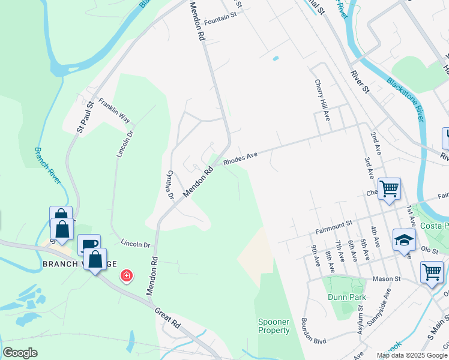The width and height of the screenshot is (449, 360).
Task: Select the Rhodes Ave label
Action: tap(240, 158)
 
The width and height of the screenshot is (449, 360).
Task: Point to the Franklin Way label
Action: tap(114, 110)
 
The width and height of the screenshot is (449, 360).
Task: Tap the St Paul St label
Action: tap(85, 118)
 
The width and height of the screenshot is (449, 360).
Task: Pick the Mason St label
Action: tap(385, 279)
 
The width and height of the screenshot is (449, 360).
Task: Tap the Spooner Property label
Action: tap(274, 326)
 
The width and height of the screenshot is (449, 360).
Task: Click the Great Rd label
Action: tap(167, 319)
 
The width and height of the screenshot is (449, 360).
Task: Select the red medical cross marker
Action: tap(127, 276)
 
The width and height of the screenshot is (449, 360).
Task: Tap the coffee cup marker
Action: tap(89, 244)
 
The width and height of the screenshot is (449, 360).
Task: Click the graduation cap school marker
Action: tap(404, 240)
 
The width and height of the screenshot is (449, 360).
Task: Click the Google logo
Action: tap(20, 353)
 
